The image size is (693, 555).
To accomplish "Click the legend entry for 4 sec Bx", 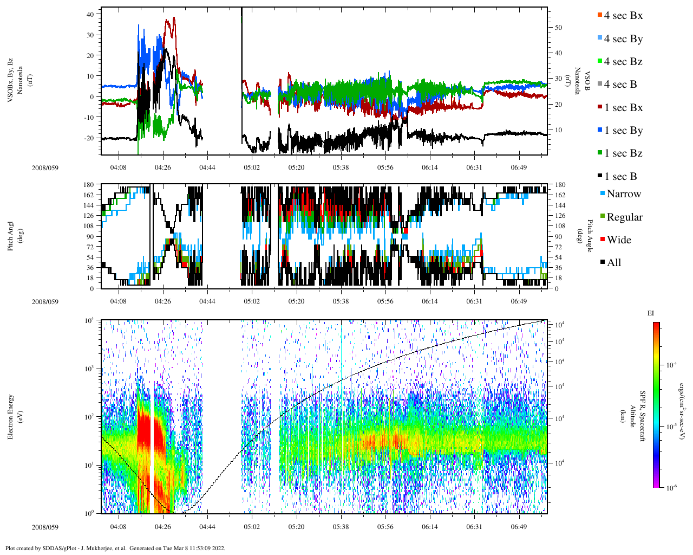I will coord(623,16).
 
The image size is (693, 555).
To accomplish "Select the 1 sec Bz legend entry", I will coord(623,153).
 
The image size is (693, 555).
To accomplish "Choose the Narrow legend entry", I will coord(623,194).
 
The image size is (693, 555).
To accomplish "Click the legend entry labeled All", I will coord(613,263).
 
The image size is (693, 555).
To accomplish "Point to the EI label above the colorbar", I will coord(651,313).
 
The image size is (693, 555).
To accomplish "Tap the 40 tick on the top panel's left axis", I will coord(90,14).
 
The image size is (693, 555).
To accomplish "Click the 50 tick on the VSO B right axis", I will coord(558,28).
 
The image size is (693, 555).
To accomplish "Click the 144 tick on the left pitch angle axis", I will coord(89,205).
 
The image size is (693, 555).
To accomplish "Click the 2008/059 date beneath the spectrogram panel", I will coord(44,527).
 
